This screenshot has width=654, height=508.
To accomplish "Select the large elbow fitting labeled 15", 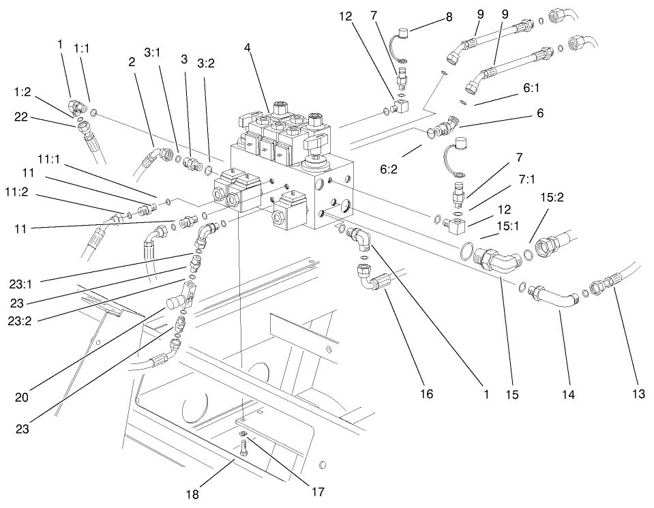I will click(x=497, y=264).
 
